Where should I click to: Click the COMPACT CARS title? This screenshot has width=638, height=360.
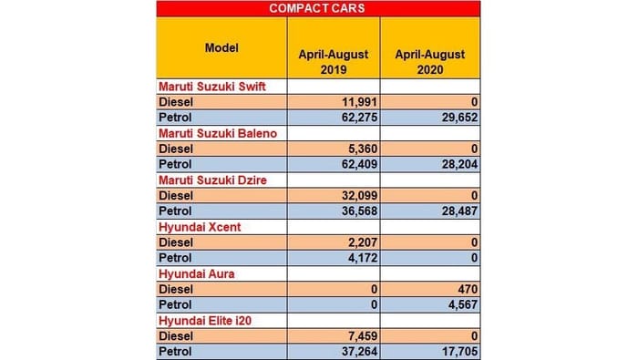point(318,9)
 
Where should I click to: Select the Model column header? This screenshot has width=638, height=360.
point(221,47)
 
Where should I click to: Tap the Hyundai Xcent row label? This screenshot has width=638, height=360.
point(200,227)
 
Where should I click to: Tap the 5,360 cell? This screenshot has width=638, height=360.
point(359,149)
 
